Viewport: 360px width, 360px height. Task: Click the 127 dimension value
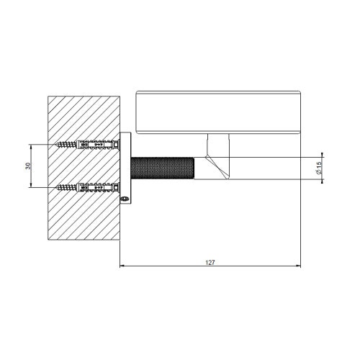coord(210,263)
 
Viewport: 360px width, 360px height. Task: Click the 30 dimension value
coord(29,166)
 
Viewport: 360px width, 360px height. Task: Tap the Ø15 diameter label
coord(319,168)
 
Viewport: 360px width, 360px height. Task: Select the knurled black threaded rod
coord(163,168)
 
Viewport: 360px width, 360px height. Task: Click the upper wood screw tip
coord(56,145)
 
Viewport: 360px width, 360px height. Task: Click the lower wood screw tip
coord(56,187)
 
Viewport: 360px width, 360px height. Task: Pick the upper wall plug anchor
coord(98,145)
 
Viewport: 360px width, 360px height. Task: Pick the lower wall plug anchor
coord(98,187)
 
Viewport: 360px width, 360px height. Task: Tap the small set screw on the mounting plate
coord(125,199)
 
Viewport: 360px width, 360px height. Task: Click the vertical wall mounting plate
coord(125,168)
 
